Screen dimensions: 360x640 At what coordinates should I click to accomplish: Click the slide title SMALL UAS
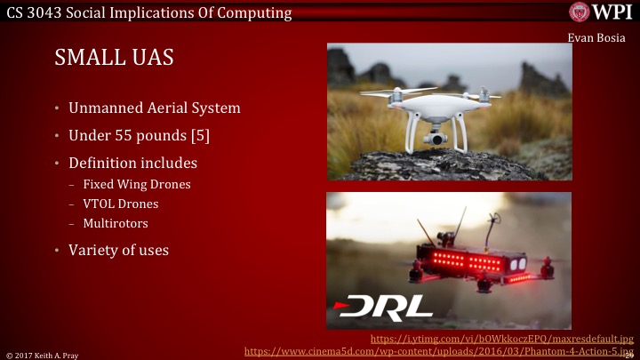(x=114, y=59)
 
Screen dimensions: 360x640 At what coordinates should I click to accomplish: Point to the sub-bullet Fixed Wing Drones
(x=136, y=185)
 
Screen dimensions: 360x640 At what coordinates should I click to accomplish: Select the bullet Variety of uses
(x=118, y=250)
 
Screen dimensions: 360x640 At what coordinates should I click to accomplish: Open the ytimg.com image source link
(x=501, y=339)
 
